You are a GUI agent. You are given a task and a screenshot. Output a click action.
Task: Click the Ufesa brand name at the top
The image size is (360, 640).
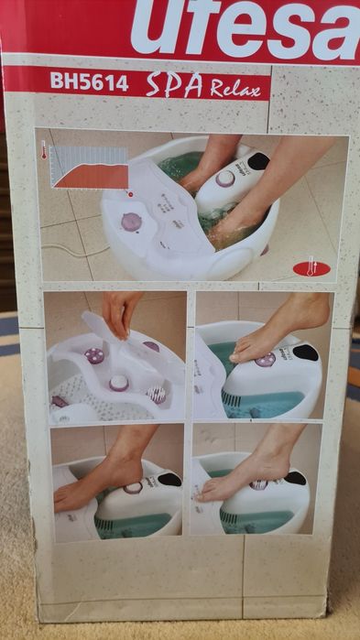(x=245, y=27)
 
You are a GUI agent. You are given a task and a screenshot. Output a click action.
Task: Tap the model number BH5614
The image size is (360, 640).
(x=90, y=81)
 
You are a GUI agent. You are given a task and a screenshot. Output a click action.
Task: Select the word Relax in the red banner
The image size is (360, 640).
(x=235, y=87)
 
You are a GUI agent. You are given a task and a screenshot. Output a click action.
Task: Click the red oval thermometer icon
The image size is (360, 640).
(x=311, y=267)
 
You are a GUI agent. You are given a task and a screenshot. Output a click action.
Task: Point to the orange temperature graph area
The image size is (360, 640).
(x=93, y=176)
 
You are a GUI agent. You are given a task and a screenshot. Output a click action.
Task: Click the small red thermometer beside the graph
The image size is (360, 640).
(x=44, y=150)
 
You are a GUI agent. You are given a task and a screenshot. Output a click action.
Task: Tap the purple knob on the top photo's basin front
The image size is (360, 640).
(x=131, y=222)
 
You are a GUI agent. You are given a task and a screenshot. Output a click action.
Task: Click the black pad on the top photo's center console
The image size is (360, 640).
(x=258, y=161)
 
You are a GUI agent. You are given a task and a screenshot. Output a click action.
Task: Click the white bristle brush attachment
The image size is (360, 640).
(x=157, y=395)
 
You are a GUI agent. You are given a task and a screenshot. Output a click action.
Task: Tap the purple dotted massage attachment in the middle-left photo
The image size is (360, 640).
(x=94, y=355)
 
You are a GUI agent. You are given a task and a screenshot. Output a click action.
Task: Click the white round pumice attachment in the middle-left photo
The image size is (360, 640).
(x=119, y=384)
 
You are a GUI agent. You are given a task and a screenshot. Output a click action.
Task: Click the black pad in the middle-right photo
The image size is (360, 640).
(x=306, y=353)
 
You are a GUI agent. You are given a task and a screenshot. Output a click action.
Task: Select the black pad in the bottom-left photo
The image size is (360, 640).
(x=169, y=479)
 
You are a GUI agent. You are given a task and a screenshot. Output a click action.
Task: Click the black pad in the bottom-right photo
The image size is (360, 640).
(x=296, y=478)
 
